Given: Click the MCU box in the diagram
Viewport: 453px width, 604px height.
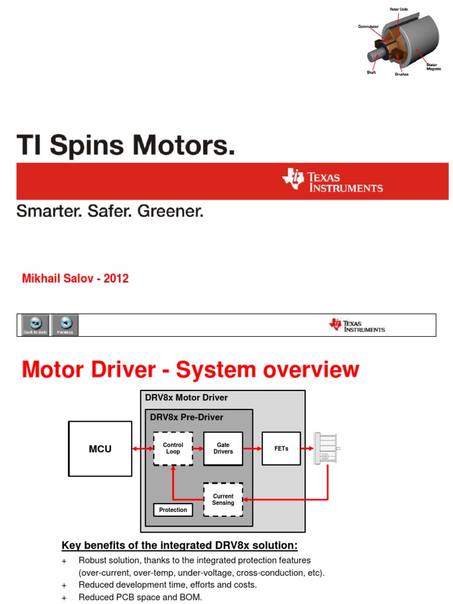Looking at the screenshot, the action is pos(100,449).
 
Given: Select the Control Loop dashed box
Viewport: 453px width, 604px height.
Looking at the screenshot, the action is pos(173,448).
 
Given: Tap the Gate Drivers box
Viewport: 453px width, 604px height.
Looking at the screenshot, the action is pos(223,448).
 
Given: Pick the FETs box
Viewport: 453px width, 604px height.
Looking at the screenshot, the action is pos(281,448).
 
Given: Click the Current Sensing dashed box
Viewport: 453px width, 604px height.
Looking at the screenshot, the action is pos(223,500).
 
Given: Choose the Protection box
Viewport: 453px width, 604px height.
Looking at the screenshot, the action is pos(173,510).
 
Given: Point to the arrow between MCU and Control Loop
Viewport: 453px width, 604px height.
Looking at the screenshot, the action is pos(142,449).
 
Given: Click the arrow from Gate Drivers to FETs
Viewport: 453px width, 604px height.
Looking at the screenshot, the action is pos(252,449).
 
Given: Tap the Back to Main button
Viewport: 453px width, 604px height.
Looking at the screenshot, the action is pos(36,325).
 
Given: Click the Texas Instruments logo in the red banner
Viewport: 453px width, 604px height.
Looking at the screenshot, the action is pos(333,180).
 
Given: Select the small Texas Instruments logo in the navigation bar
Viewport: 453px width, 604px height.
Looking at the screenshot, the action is pos(357,326).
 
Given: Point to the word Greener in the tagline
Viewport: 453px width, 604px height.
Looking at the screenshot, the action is pos(170,211).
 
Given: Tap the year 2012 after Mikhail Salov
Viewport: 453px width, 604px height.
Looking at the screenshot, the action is pos(116,278).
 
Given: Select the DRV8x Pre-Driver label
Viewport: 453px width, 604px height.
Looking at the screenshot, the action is pos(186,417).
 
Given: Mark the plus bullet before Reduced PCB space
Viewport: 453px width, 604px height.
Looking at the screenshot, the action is pos(64,598).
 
